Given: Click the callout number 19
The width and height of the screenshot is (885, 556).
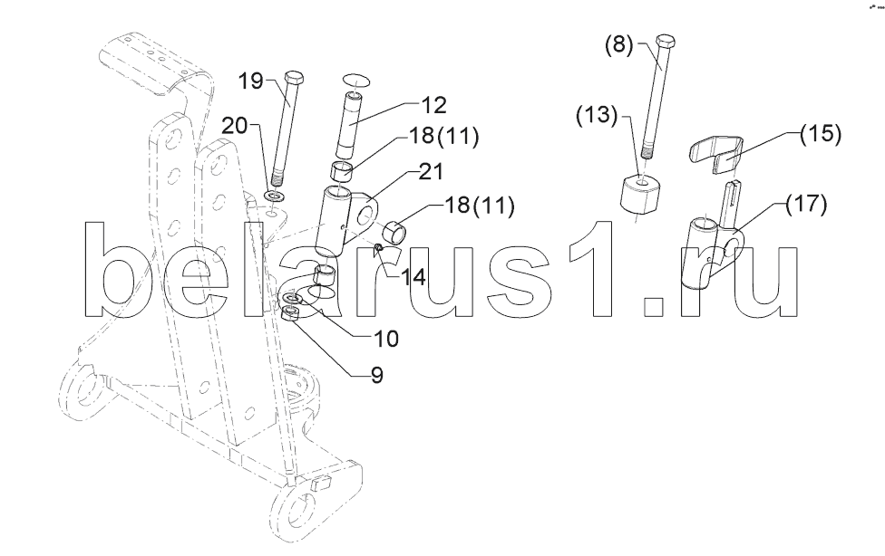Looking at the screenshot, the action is (x=250, y=81).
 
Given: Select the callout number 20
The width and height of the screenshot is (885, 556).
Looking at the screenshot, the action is (x=235, y=125).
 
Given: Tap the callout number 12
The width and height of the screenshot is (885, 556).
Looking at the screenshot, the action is (x=433, y=105).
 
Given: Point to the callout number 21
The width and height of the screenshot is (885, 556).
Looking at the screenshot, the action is (x=432, y=171).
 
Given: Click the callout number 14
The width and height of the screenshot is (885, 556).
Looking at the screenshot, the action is (x=413, y=277).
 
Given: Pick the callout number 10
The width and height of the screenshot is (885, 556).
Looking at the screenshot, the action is (x=386, y=339).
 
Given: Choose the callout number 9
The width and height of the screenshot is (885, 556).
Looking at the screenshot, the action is (x=377, y=374).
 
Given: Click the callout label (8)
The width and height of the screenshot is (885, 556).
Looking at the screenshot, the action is (x=619, y=43).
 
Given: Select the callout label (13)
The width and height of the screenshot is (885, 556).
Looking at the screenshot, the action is (x=597, y=114).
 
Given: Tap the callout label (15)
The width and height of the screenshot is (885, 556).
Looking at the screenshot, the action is (x=820, y=134).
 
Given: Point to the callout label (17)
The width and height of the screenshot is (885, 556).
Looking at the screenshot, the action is (x=807, y=203).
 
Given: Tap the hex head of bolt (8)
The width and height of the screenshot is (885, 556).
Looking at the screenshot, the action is (x=666, y=42).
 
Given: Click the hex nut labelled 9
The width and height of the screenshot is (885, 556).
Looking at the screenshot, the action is (x=290, y=313).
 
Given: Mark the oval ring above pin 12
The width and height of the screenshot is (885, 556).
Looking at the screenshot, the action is (x=356, y=80).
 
